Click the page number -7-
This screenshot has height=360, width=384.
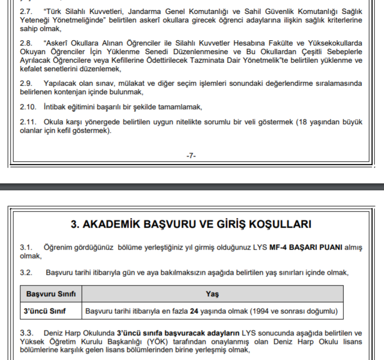click(x=191, y=155)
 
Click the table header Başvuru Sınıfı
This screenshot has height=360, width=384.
click(x=51, y=294)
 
